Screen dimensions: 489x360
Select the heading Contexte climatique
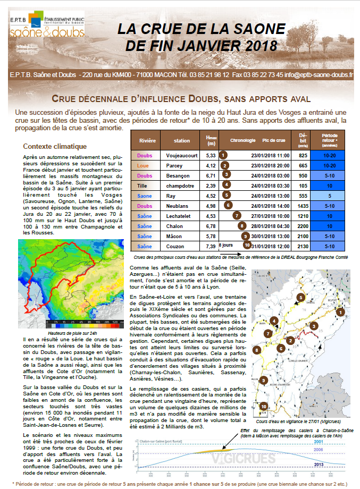pos(55,147)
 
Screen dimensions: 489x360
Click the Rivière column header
pos(147,141)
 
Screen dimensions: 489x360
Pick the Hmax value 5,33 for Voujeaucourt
pos(211,155)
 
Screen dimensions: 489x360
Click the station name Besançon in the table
pos(182,175)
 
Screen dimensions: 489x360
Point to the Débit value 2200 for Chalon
pos(304,226)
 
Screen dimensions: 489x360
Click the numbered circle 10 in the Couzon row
pos(247,246)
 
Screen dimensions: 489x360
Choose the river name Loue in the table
pos(144,165)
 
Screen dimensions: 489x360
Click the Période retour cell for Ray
pos(329,196)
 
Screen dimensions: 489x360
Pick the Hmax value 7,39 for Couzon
pos(211,246)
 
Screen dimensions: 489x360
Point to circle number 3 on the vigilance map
pos(314,326)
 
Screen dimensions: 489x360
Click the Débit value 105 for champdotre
pos(304,186)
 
